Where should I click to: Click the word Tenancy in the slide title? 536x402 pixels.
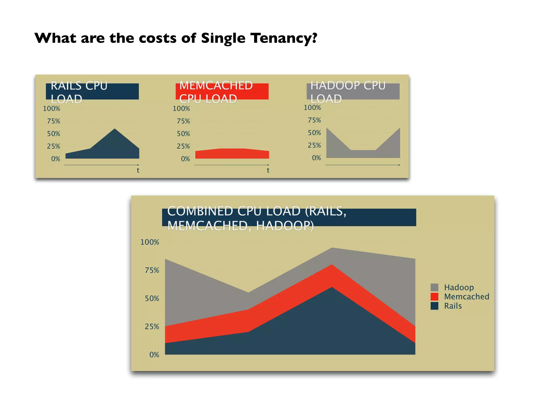tap(284, 38)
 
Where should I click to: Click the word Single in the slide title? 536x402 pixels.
tap(223, 38)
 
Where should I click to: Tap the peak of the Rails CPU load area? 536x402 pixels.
tap(115, 129)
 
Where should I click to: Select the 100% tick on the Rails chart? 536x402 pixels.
tap(52, 109)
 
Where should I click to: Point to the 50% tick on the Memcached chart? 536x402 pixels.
tap(183, 134)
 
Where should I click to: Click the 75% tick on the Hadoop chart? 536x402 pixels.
tap(314, 120)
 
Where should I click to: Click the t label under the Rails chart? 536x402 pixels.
tap(138, 170)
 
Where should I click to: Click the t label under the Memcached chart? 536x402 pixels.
tap(268, 170)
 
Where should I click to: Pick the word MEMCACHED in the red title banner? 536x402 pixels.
tap(216, 86)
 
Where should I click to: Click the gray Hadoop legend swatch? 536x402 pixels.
tap(434, 287)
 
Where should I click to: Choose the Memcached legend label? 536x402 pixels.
tap(466, 297)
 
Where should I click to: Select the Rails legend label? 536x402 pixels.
tap(453, 306)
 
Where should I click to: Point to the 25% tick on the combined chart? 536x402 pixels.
tap(152, 327)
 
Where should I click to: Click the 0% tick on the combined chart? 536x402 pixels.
tap(154, 355)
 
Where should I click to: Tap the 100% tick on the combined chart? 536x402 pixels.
tap(150, 242)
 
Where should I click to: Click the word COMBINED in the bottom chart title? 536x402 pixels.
tap(200, 211)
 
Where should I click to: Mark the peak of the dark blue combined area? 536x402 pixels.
tap(332, 288)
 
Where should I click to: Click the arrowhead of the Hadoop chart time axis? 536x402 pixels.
tap(399, 165)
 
